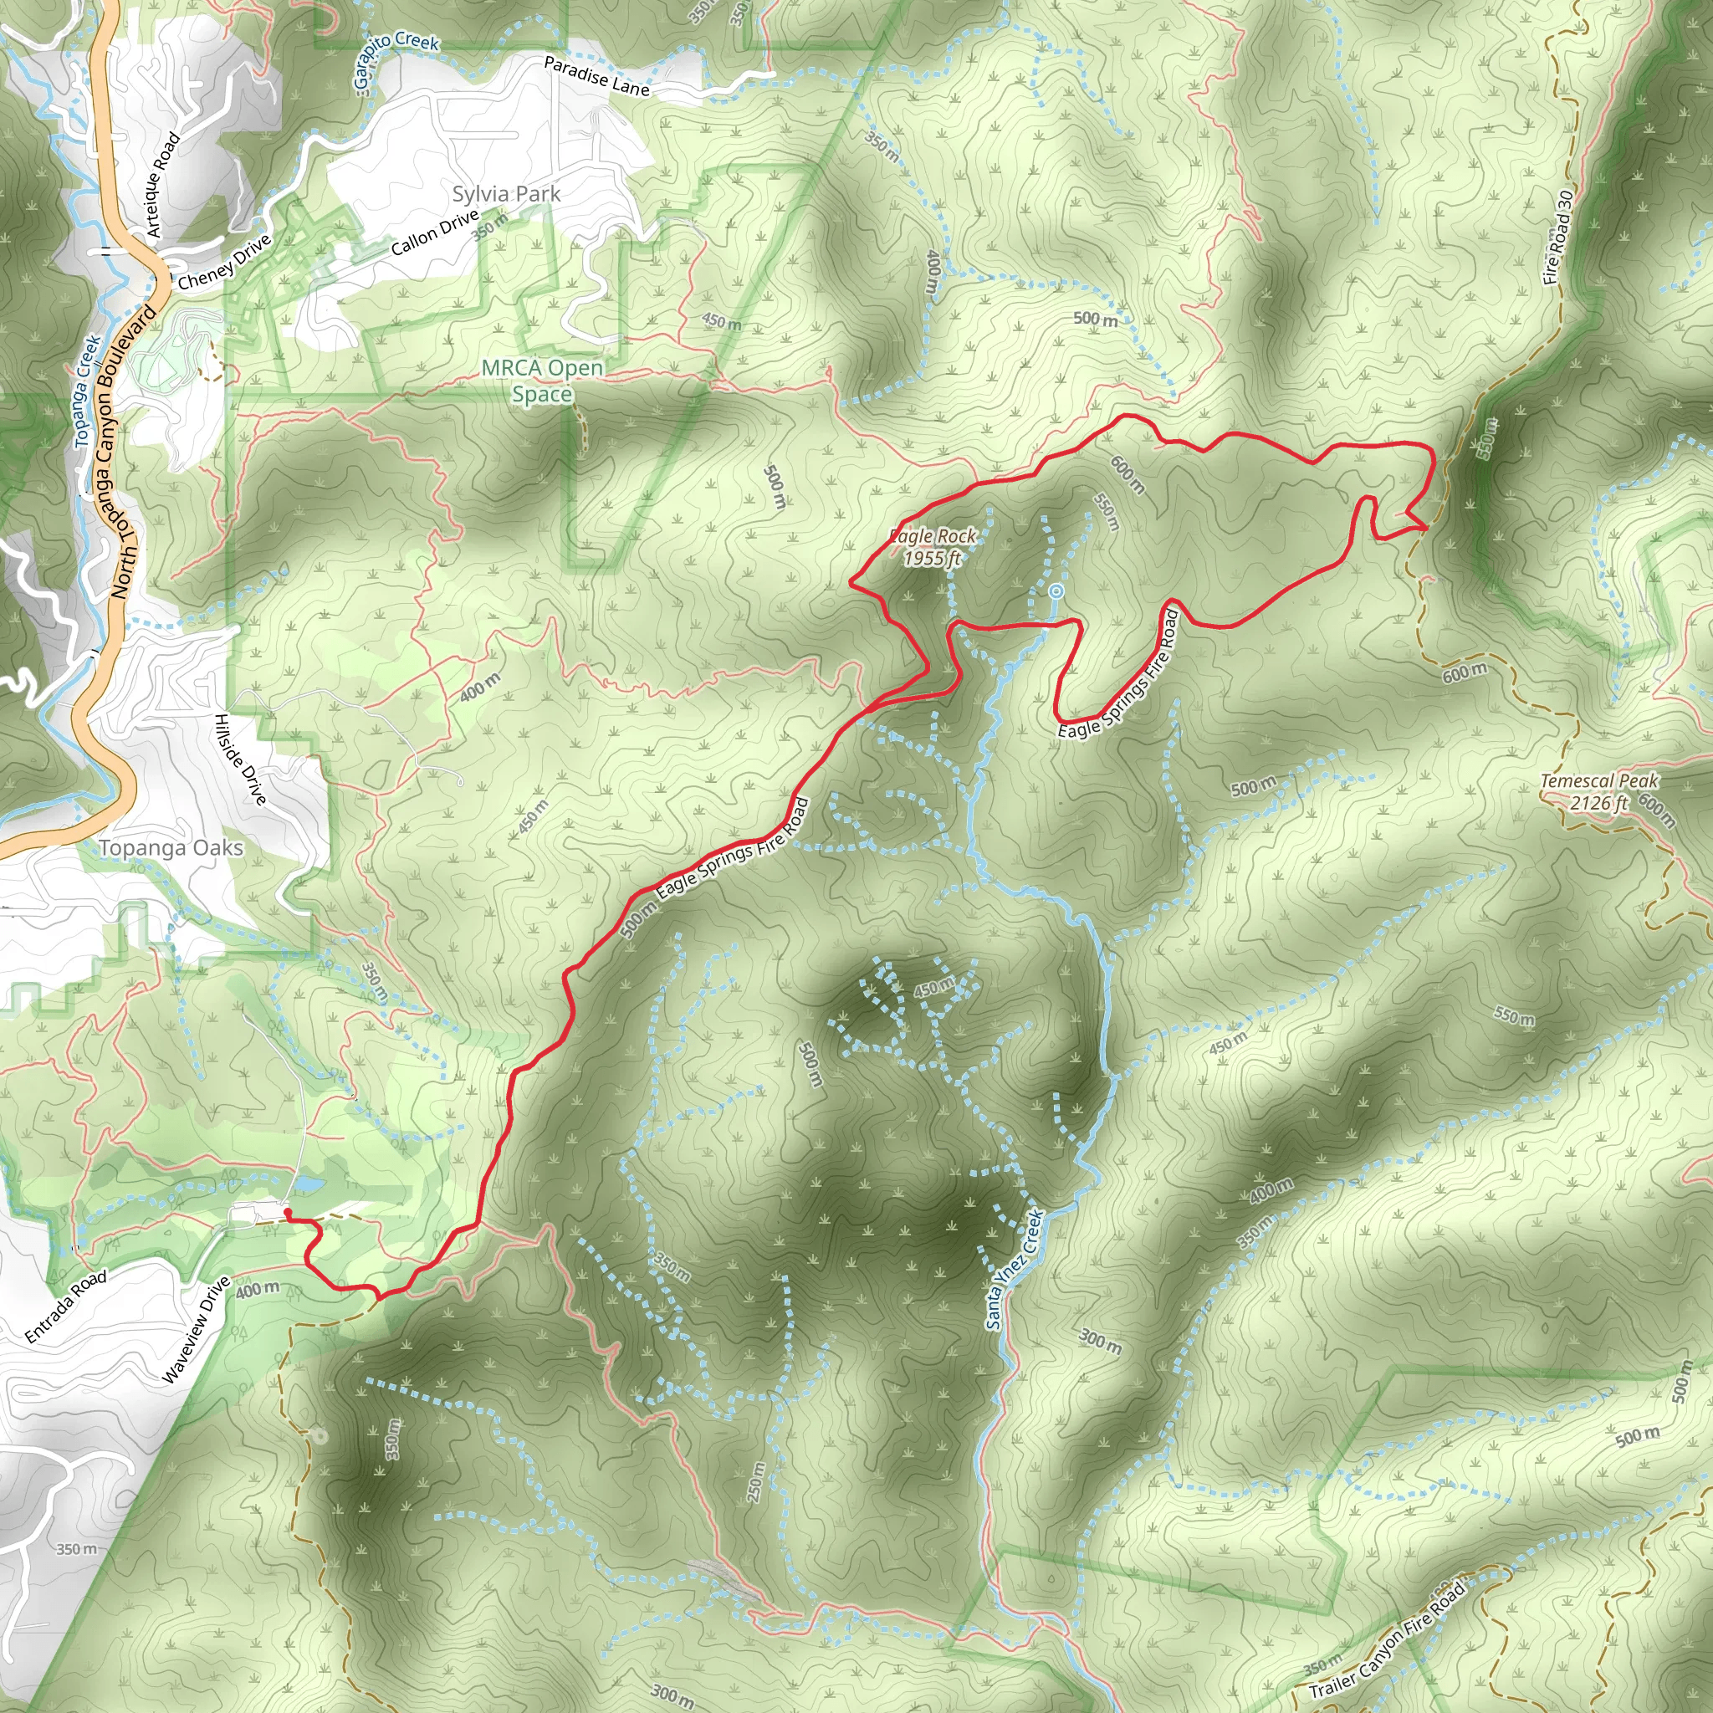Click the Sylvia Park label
(x=506, y=194)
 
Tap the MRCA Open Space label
(x=542, y=381)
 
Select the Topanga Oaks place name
(x=171, y=848)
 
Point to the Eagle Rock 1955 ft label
(x=932, y=547)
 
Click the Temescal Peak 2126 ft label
(x=1598, y=792)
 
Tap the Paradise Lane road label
(x=596, y=76)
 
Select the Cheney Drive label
(x=224, y=263)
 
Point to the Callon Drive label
(x=434, y=233)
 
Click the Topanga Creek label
(x=87, y=390)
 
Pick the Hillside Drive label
(x=240, y=759)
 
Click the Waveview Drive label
(x=196, y=1329)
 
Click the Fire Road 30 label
(x=1557, y=238)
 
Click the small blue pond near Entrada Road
(x=306, y=1184)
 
